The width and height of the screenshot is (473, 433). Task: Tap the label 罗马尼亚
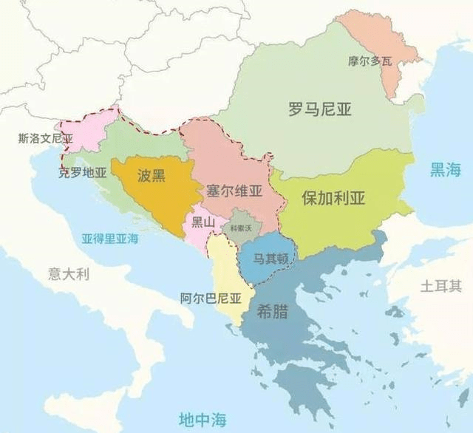tap(319, 110)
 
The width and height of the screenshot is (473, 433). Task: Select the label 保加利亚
tap(334, 198)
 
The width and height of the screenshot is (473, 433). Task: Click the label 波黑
tap(151, 175)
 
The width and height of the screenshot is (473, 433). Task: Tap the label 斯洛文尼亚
tap(46, 138)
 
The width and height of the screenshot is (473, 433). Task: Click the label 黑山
tap(203, 220)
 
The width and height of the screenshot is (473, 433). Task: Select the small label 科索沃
tap(241, 229)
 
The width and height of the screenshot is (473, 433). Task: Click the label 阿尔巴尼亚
tap(211, 299)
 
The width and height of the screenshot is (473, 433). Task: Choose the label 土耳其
tap(441, 285)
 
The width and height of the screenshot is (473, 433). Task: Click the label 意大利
tap(68, 274)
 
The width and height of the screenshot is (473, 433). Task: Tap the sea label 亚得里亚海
tap(110, 239)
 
